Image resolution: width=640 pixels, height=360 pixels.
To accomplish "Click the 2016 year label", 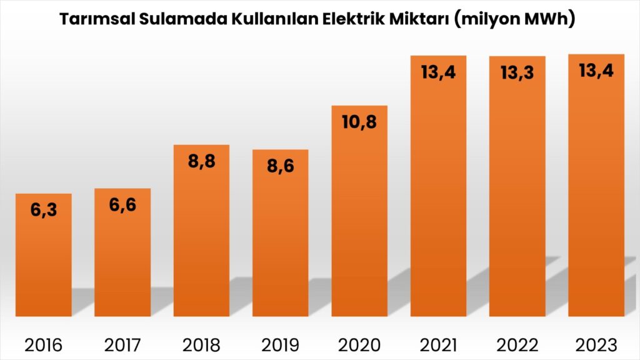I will (x=44, y=344).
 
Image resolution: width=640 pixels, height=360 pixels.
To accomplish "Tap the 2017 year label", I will (x=122, y=344).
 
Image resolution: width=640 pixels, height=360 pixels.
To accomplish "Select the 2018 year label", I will (x=201, y=344).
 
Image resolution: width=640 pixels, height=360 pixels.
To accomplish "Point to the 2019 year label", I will (x=280, y=344).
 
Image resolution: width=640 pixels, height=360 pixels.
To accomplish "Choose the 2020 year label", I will (x=359, y=344).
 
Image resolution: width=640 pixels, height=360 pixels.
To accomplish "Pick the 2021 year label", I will (x=437, y=344).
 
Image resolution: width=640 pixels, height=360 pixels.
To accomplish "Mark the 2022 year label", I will (x=517, y=344).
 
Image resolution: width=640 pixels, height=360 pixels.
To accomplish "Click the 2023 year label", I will (x=596, y=344).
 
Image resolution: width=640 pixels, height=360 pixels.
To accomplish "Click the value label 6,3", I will (x=44, y=210).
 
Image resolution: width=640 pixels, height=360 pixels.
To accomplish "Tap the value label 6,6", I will (x=122, y=204).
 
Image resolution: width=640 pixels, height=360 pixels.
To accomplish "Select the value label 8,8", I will (x=201, y=161).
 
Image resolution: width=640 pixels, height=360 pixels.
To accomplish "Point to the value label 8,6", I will (x=280, y=166).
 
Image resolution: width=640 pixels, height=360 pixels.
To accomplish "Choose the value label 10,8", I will (x=359, y=122).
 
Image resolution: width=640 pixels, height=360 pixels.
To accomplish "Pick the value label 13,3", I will (x=517, y=72).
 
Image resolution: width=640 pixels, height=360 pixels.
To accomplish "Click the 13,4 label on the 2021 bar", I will (x=438, y=72).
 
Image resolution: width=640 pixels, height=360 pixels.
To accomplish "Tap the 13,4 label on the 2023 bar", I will (x=596, y=71).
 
